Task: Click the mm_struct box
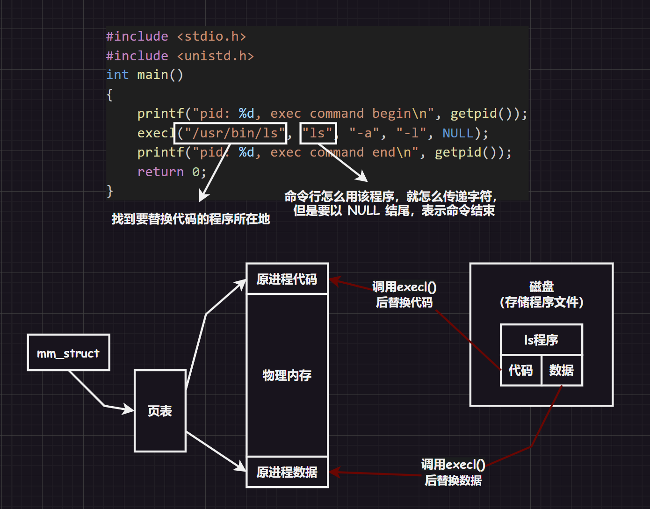(x=68, y=353)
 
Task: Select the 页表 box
(x=160, y=411)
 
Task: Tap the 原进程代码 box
(x=287, y=279)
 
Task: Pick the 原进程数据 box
(x=287, y=472)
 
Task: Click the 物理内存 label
(x=287, y=375)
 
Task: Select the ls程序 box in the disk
(x=541, y=340)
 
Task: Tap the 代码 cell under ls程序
(x=520, y=371)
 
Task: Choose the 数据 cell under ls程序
(x=561, y=371)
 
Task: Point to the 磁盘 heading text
(x=542, y=286)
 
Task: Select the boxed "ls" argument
(x=318, y=133)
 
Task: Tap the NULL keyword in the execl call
(x=458, y=133)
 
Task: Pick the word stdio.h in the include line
(x=211, y=36)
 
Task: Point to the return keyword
(x=160, y=172)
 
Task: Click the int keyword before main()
(x=117, y=75)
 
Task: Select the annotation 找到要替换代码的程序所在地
(x=191, y=219)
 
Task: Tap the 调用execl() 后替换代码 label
(x=404, y=294)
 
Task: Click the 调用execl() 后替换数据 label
(x=453, y=472)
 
